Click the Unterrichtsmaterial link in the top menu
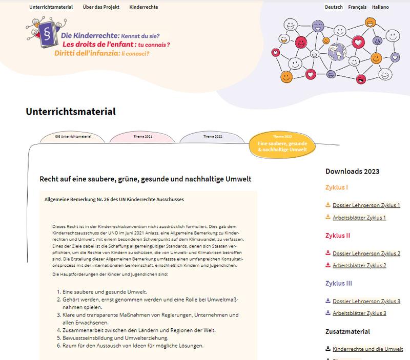click(51, 7)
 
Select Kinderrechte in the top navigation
click(143, 7)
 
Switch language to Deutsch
click(334, 7)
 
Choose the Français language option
click(361, 7)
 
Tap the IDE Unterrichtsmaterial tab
click(73, 137)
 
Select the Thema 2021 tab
click(142, 137)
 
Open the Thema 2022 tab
click(213, 137)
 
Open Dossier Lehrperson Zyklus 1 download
click(366, 205)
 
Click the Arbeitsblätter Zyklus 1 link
click(359, 218)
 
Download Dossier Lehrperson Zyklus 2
click(366, 253)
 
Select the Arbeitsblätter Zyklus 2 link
click(359, 265)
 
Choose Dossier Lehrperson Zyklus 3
click(366, 301)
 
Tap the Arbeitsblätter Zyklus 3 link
click(359, 313)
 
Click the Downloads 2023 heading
click(352, 172)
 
